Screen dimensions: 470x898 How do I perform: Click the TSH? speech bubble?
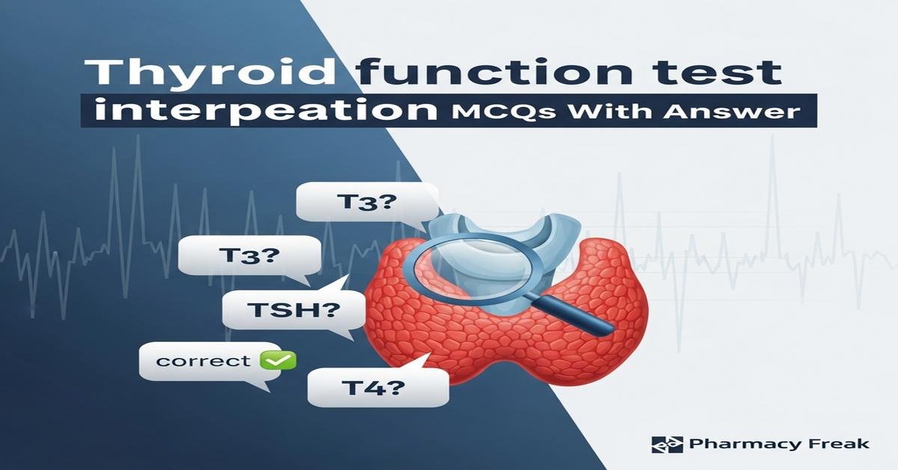[x=293, y=309]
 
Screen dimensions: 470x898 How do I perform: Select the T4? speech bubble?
[x=378, y=388]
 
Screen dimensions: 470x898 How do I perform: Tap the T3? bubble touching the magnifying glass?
[x=362, y=204]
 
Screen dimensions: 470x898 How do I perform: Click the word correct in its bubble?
[x=204, y=361]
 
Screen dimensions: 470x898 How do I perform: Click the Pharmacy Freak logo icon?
[x=667, y=445]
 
